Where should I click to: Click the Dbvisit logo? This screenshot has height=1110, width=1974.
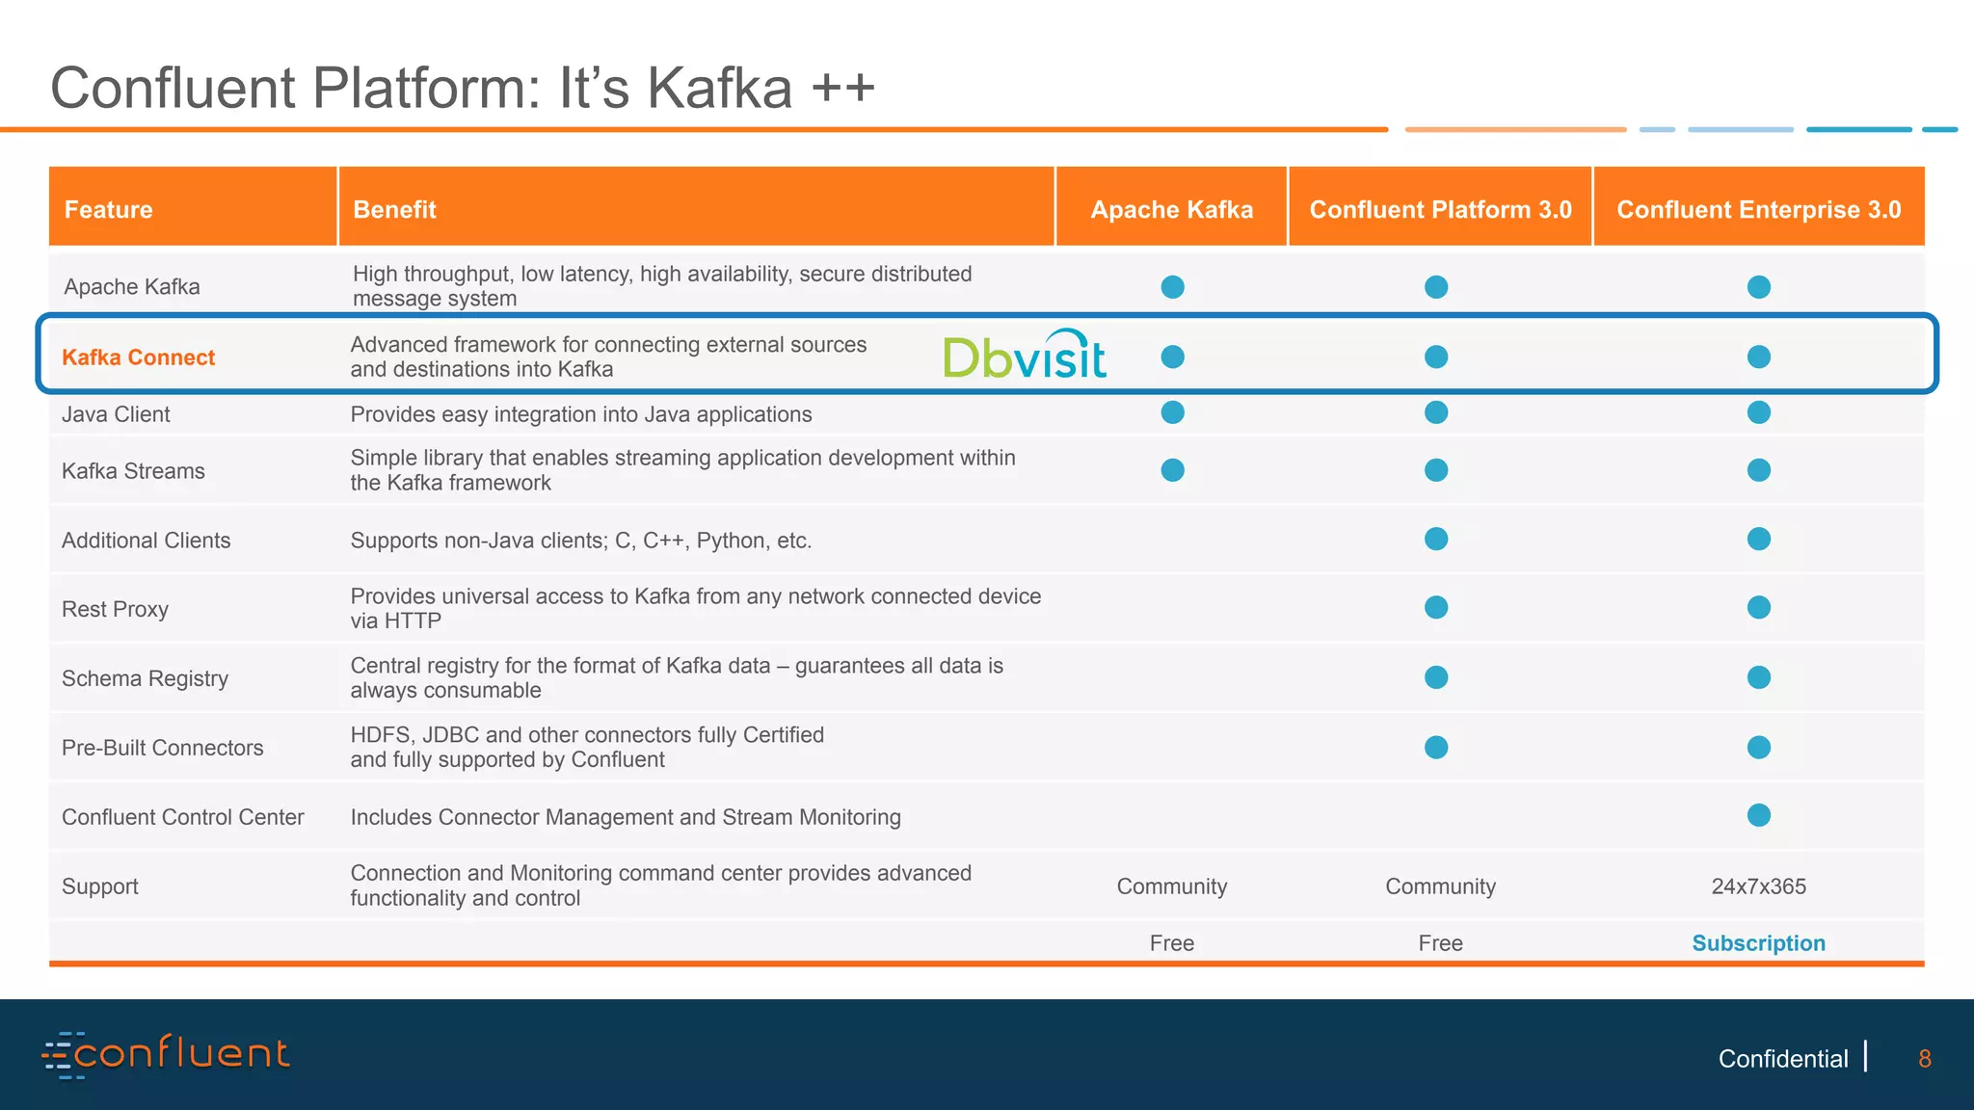[1024, 356]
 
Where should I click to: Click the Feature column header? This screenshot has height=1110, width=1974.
[108, 209]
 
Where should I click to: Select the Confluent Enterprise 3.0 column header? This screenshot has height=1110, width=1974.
[1758, 209]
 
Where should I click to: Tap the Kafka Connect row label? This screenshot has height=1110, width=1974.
[138, 357]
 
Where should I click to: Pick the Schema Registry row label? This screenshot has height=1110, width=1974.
[145, 678]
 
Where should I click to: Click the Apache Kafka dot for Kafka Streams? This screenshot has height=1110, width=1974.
[1172, 470]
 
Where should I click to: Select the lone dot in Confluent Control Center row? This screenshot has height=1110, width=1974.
[1758, 815]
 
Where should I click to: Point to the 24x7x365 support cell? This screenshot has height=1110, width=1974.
[1758, 886]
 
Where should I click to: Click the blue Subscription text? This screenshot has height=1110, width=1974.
[1758, 943]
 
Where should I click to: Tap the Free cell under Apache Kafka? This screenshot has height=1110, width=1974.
[1171, 943]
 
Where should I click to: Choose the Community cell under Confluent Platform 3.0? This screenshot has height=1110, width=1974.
[1440, 886]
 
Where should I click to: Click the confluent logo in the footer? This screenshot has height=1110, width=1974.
[166, 1054]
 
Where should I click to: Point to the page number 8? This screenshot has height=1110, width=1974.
[1924, 1059]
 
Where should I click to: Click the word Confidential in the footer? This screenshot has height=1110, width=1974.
[1782, 1059]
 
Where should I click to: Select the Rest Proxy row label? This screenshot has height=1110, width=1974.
[115, 609]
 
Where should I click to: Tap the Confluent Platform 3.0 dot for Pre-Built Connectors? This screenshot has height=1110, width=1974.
[1436, 747]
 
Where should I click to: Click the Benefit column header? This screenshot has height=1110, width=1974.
[394, 209]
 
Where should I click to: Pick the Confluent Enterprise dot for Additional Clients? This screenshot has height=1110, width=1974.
[1758, 539]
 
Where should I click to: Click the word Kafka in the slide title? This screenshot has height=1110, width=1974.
[719, 89]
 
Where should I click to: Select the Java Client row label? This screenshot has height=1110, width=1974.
[116, 414]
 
